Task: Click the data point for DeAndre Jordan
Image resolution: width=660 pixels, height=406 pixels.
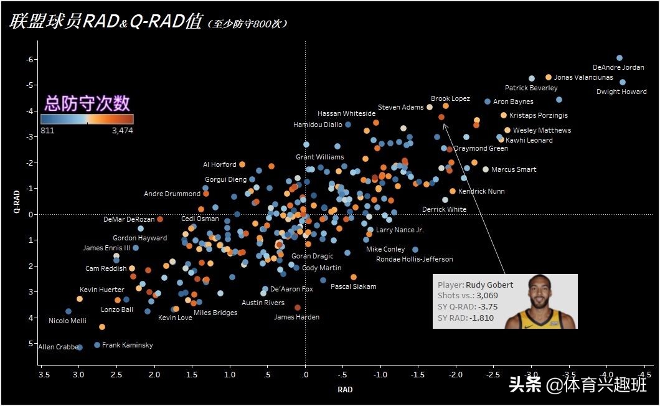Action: (x=620, y=58)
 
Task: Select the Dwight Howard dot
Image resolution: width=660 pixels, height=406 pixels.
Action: (x=623, y=82)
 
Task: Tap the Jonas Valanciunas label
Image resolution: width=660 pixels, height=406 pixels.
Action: (x=583, y=78)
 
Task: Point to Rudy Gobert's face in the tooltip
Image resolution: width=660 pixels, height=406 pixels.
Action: (x=539, y=293)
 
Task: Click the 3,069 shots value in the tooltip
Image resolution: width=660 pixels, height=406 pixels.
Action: (x=487, y=295)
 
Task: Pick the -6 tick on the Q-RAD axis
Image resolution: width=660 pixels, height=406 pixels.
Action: (x=29, y=60)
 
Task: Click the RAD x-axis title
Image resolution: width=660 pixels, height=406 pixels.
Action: (x=345, y=389)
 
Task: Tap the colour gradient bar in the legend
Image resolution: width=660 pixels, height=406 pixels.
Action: (x=87, y=118)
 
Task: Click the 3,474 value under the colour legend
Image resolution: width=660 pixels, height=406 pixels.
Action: (x=122, y=131)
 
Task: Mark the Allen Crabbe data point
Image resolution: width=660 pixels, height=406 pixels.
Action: (x=80, y=347)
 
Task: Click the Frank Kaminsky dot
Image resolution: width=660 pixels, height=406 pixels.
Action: (x=97, y=345)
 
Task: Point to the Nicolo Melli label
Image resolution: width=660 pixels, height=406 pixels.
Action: (x=67, y=321)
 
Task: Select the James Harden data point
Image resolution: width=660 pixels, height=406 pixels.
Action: (x=298, y=308)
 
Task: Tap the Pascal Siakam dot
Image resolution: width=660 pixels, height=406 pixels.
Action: (x=354, y=277)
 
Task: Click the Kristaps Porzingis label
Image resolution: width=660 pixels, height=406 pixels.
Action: (x=538, y=115)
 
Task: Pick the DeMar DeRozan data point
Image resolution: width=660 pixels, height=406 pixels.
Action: (x=160, y=219)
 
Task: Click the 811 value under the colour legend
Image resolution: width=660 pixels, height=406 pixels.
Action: (x=48, y=131)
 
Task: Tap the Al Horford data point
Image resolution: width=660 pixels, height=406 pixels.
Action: (x=242, y=164)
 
